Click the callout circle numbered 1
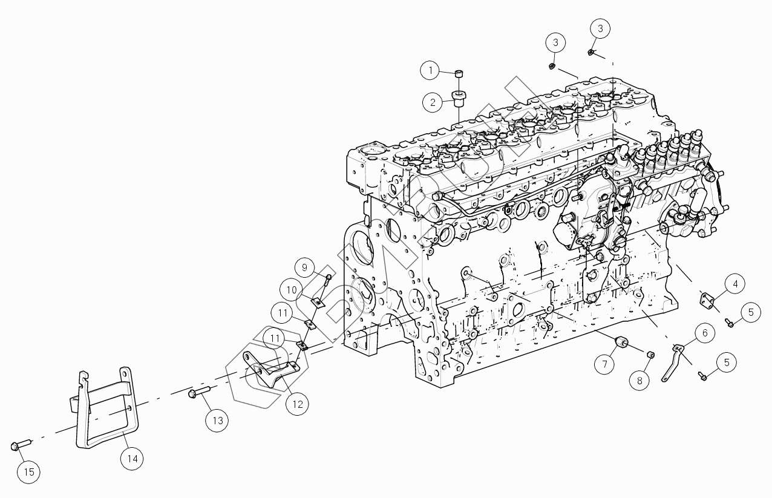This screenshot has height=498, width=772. point(431,71)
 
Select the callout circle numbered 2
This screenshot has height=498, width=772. point(433,102)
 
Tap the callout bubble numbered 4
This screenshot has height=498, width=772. point(735,283)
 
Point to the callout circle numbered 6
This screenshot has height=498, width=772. point(705,332)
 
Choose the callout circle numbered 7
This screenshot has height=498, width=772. point(603,364)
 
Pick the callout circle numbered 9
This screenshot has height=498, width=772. point(305,267)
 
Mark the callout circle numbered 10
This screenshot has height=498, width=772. point(292,290)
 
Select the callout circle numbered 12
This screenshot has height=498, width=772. point(297,404)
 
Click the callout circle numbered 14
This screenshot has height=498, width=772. point(132,459)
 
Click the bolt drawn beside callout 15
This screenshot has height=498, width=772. point(17,447)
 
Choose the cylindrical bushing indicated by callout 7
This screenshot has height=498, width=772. point(622,345)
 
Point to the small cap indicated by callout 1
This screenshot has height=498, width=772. point(460,74)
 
